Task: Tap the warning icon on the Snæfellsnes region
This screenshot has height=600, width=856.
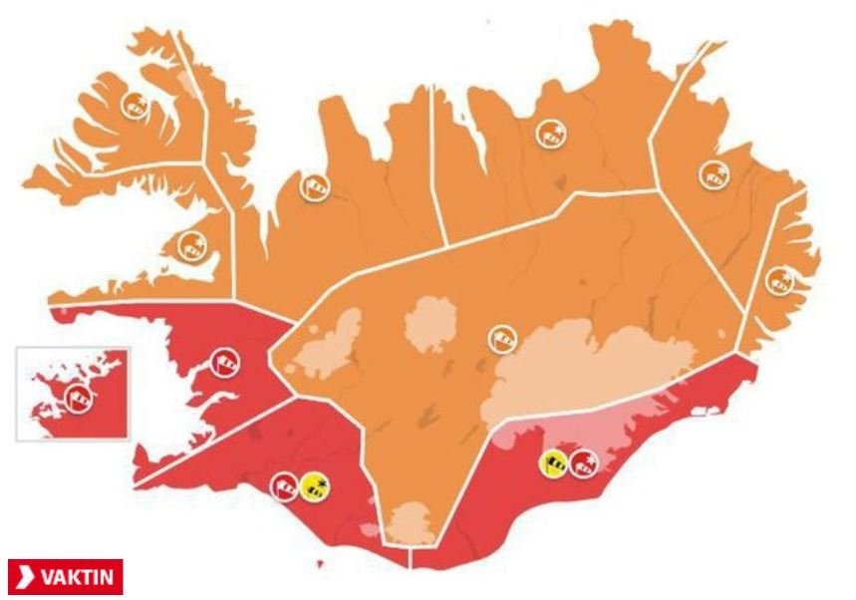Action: pyautogui.click(x=189, y=243)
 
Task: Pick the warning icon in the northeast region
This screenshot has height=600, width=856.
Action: pyautogui.click(x=550, y=132)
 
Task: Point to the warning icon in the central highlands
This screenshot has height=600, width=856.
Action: pyautogui.click(x=501, y=339)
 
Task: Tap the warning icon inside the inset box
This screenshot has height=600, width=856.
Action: pyautogui.click(x=78, y=397)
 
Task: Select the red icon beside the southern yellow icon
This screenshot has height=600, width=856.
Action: pyautogui.click(x=285, y=485)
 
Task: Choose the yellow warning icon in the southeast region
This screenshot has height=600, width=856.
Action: pyautogui.click(x=554, y=462)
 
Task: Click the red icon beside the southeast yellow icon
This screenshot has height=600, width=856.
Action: pyautogui.click(x=584, y=462)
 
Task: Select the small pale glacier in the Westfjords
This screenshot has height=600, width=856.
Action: pyautogui.click(x=183, y=80)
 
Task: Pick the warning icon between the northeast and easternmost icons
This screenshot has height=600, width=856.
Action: pyautogui.click(x=713, y=173)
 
